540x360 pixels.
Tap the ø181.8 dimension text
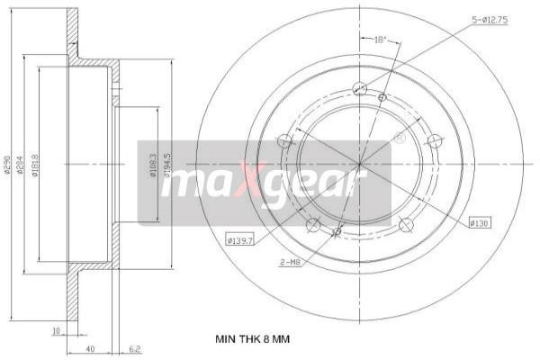coord(36,166)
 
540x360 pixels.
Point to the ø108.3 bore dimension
coord(154,165)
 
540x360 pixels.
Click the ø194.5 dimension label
coord(166,165)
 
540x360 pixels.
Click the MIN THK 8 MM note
coord(252,338)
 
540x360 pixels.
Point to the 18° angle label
coord(380,40)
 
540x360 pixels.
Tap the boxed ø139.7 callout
coord(239,239)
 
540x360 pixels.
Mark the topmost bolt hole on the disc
coord(359,88)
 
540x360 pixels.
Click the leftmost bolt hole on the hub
coord(285,140)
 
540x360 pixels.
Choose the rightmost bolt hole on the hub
coord(434,140)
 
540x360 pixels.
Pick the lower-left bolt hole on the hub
coord(313,225)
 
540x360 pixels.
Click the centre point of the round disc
coord(359,165)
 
